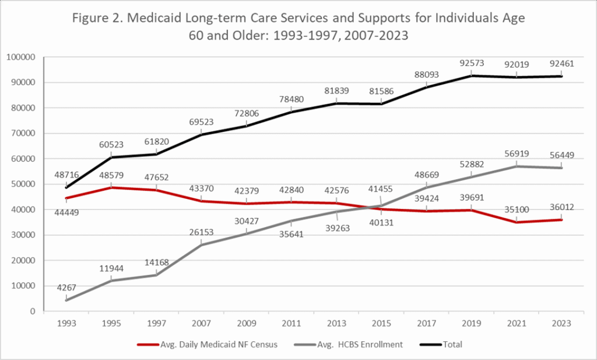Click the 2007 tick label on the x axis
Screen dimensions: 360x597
point(201,322)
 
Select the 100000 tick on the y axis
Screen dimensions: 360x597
point(21,57)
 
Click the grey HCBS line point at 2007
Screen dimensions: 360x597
point(201,244)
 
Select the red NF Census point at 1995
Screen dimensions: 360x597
point(111,187)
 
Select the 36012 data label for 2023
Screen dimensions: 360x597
point(562,206)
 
